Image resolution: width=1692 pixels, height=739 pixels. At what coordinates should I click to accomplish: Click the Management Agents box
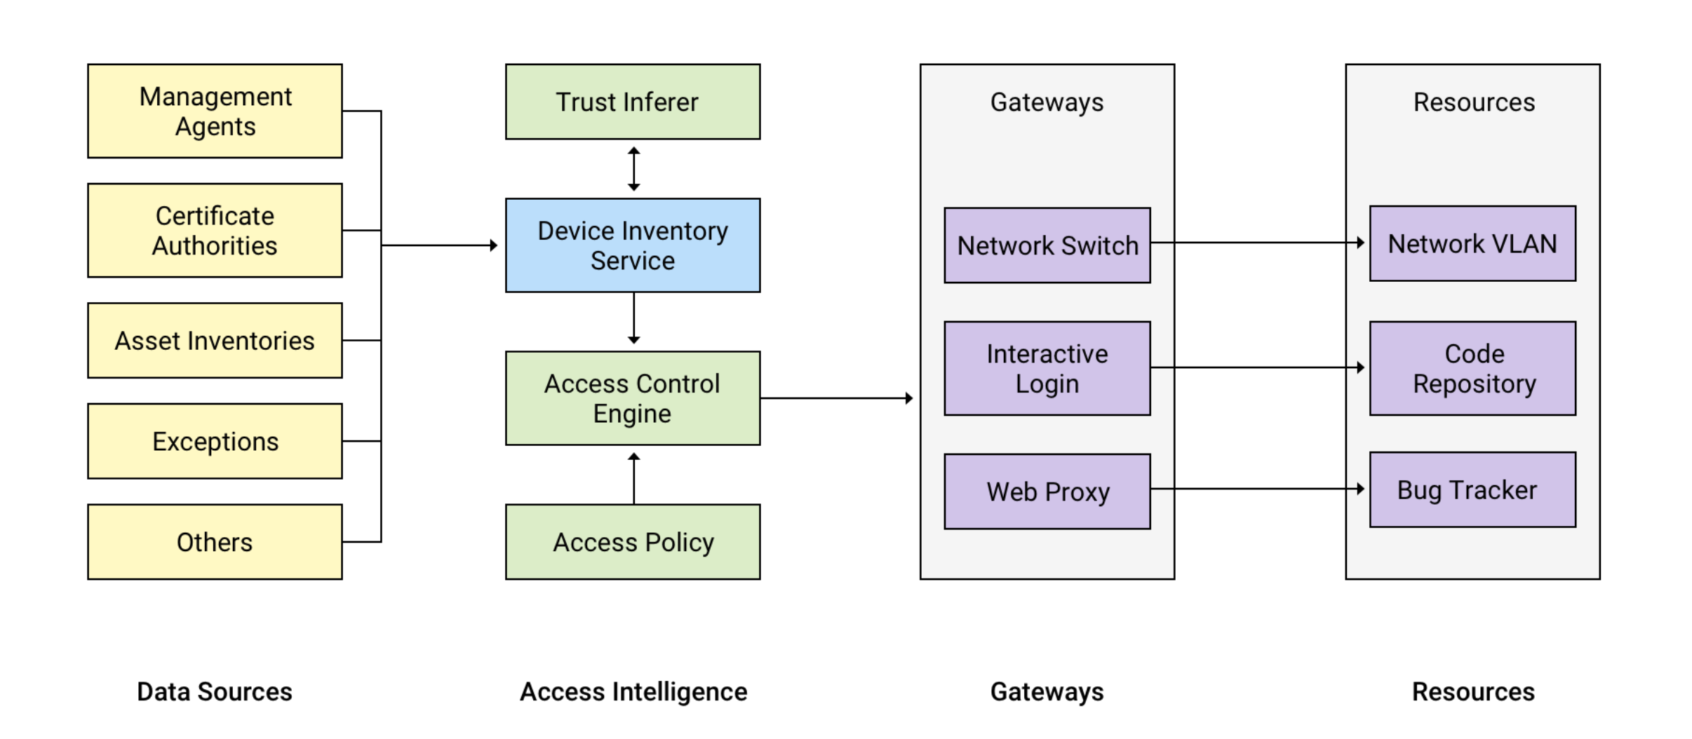[x=215, y=111]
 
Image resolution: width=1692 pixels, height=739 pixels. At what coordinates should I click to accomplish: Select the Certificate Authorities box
[x=215, y=230]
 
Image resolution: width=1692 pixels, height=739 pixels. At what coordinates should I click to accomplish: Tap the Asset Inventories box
[x=215, y=340]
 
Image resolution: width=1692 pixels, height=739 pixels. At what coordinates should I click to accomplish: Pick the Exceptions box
[x=215, y=441]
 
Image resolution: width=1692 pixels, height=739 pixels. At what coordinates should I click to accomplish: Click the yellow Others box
[x=215, y=541]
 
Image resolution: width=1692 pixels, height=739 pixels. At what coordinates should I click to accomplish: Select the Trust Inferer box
[x=632, y=102]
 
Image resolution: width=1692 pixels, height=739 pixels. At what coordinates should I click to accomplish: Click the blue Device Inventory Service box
[x=632, y=245]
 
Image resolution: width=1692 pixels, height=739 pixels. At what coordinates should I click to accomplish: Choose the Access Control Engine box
[x=632, y=398]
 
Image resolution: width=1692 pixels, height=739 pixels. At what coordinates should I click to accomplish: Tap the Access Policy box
[x=632, y=541]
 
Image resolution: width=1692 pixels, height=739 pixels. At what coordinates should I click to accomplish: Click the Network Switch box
[x=1047, y=245]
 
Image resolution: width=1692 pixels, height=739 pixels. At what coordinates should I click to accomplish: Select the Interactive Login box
[x=1047, y=368]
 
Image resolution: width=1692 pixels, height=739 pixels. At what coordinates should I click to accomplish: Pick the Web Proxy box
[x=1047, y=491]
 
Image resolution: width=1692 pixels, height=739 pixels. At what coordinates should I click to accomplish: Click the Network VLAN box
[x=1472, y=243]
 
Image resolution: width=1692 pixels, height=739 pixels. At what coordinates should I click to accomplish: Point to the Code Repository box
[x=1472, y=368]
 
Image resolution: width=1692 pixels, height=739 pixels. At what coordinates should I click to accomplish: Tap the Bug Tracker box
[x=1472, y=489]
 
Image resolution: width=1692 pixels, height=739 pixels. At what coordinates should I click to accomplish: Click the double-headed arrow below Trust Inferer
[x=633, y=169]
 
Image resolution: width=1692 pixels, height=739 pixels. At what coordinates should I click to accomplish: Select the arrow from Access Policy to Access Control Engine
[x=633, y=478]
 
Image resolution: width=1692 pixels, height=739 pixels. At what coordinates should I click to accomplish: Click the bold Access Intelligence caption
[x=633, y=691]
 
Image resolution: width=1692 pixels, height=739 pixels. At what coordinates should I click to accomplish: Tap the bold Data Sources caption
[x=214, y=691]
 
